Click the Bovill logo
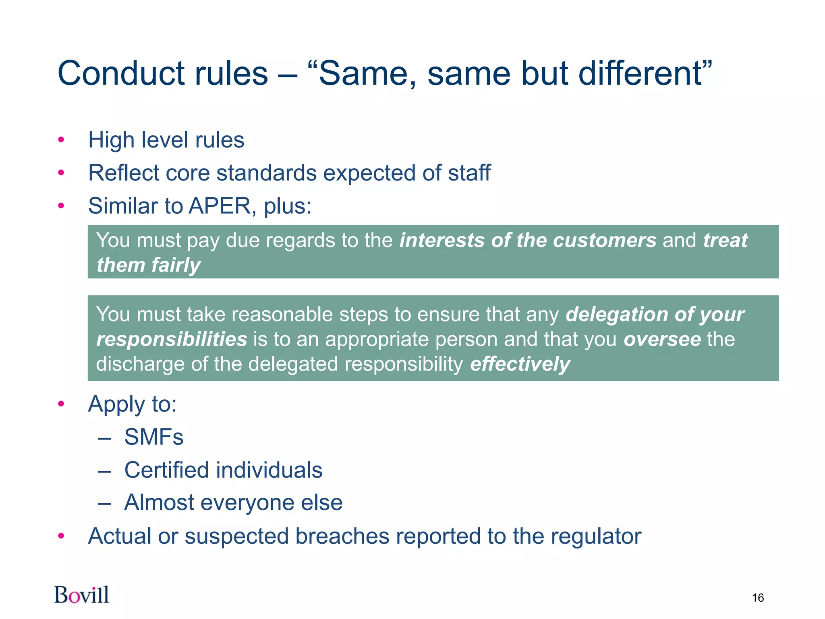82,595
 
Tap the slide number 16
757,598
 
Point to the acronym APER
220,206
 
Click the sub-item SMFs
153,437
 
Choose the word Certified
167,470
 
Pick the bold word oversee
662,339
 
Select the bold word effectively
520,364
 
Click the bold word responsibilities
172,339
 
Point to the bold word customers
605,241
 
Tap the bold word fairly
176,266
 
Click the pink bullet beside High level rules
61,140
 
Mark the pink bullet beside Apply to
61,404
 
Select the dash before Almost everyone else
104,503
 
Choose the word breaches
342,536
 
